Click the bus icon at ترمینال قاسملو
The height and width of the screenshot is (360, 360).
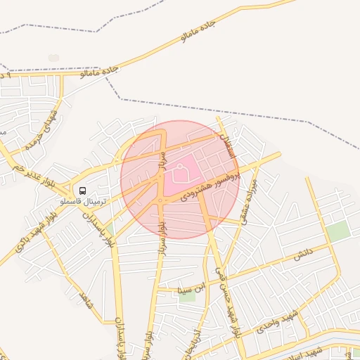(83, 191)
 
